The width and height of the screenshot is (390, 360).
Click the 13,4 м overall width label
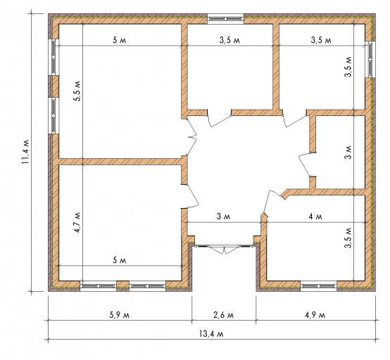211,334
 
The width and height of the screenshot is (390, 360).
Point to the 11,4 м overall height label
25,152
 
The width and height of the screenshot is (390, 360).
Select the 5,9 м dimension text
120,315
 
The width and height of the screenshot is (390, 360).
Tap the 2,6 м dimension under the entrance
223,315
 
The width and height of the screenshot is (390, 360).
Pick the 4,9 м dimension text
315,315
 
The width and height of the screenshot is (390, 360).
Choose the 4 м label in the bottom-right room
315,217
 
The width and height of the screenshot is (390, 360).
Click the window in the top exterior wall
225,19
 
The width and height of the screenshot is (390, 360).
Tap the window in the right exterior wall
370,59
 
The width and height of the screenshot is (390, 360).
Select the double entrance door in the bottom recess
224,248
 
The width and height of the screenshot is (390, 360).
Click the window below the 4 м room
318,286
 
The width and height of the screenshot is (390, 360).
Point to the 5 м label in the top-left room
120,40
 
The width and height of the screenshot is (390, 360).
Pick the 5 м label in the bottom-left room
120,260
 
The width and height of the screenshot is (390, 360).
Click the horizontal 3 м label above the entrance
223,217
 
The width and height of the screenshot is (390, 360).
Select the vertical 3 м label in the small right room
348,152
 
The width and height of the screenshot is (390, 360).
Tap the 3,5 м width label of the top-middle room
229,40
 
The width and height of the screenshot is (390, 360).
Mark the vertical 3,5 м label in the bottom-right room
348,238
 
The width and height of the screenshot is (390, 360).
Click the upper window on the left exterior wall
54,57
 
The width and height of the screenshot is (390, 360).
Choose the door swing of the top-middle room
220,119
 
